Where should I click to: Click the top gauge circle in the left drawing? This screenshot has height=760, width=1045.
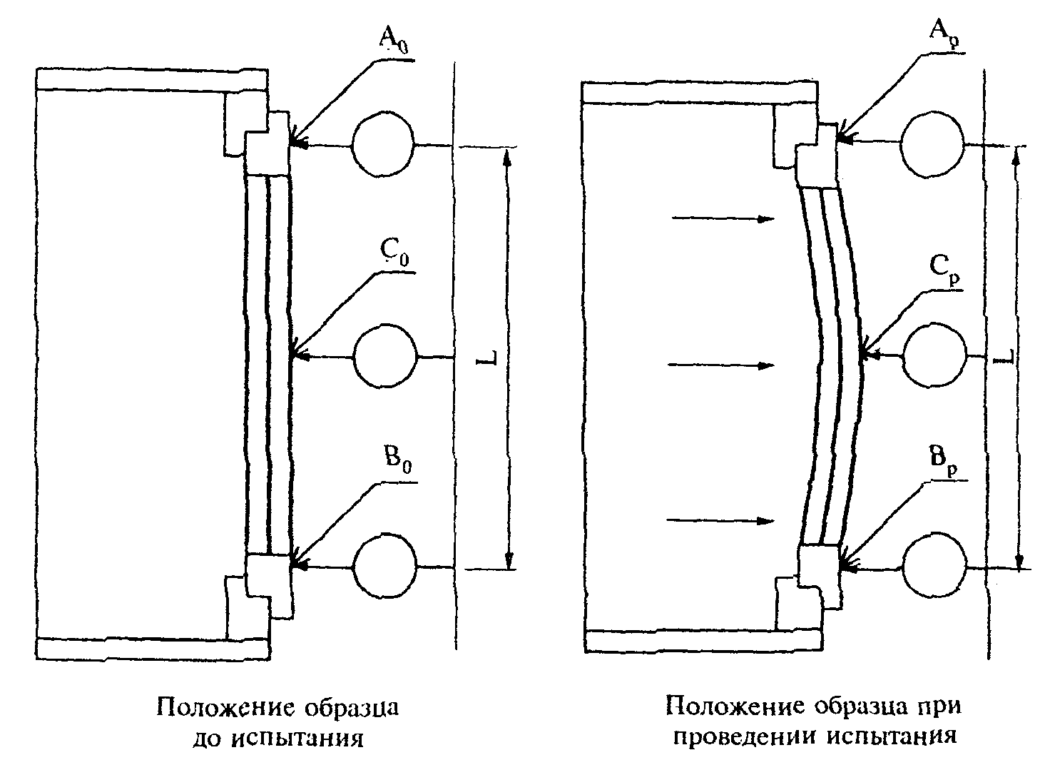pos(383,143)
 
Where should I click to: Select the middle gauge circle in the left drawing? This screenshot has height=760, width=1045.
pos(385,356)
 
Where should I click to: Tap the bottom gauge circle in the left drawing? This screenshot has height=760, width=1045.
pos(385,567)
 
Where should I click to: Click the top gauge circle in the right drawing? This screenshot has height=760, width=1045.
pos(932,145)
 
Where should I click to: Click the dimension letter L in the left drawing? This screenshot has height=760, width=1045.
pos(487,357)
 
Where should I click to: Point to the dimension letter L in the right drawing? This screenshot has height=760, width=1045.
pos(1004,357)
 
